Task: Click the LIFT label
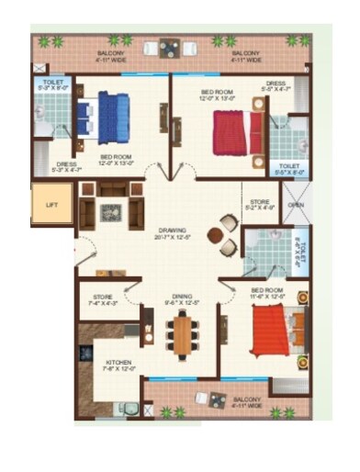point(51,205)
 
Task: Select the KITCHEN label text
point(118,363)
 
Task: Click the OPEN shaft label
point(294,205)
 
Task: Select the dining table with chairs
point(186,334)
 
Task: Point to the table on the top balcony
point(169,48)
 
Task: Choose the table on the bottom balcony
point(218,399)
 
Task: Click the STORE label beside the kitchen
point(102,297)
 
